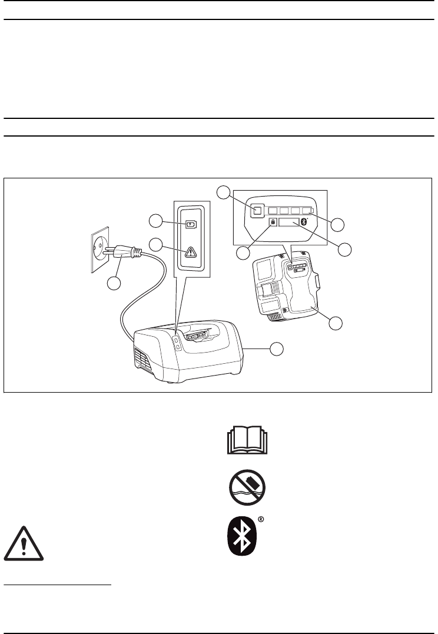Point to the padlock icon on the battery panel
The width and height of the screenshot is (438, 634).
point(273,222)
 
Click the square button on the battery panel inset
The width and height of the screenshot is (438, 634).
point(256,210)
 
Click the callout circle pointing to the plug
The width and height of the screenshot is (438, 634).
point(114,283)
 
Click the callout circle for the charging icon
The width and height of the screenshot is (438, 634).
point(155,221)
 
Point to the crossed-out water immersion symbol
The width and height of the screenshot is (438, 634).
point(245,488)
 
